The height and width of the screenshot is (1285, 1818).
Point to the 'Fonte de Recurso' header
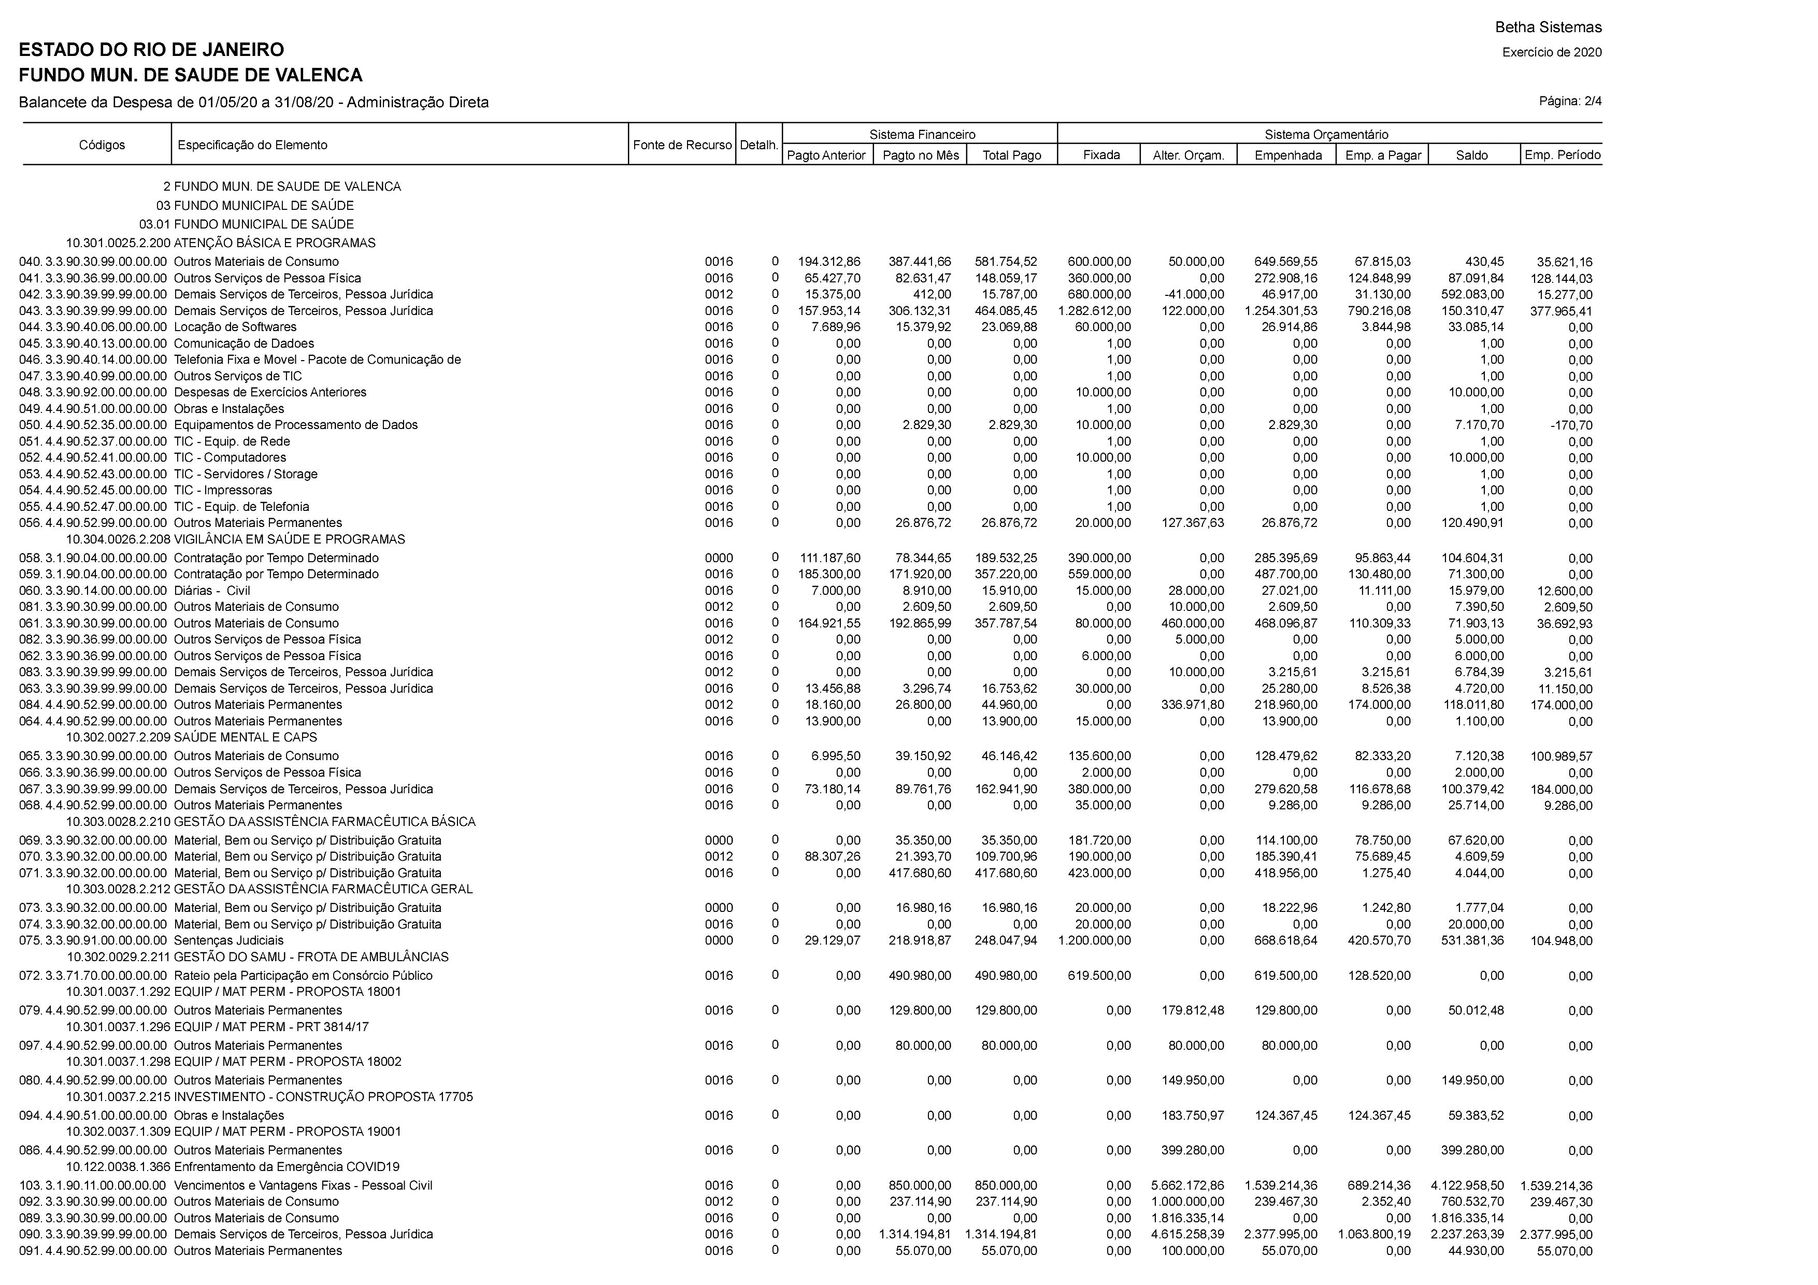tap(682, 145)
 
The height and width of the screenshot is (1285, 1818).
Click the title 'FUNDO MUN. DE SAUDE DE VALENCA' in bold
tap(190, 75)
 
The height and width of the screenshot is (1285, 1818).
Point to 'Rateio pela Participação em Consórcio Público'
tap(303, 976)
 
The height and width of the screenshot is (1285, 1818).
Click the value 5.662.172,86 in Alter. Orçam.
tap(1187, 1185)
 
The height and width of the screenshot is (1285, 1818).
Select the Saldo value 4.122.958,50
tap(1467, 1185)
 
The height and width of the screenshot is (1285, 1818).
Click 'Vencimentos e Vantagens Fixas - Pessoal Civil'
tap(303, 1185)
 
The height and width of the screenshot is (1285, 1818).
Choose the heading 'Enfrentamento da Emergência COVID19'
tap(286, 1166)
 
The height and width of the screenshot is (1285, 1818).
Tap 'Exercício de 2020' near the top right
tap(1551, 53)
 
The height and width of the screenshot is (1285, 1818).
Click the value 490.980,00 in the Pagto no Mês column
tap(919, 976)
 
